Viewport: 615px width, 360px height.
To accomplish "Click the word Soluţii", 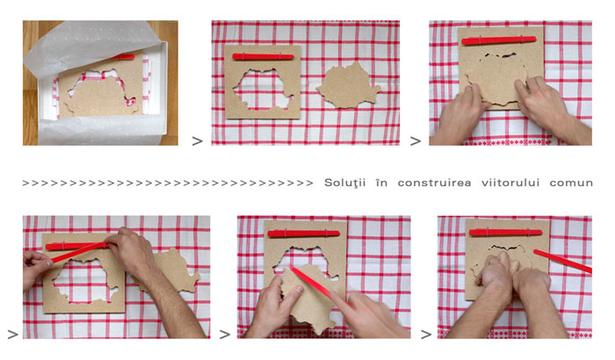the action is pyautogui.click(x=344, y=184).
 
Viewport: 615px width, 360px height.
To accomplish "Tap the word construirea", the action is pyautogui.click(x=434, y=183).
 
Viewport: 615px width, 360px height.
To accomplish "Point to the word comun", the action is pyautogui.click(x=571, y=184).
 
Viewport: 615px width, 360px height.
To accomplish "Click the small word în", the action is pyautogui.click(x=381, y=183).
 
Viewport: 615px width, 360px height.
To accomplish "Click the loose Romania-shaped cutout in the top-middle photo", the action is pyautogui.click(x=348, y=85).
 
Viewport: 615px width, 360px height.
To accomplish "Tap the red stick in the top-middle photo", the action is pyautogui.click(x=263, y=57).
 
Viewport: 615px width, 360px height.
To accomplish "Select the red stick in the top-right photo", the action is pyautogui.click(x=499, y=40).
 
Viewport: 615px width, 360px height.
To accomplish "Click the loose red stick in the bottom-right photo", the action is pyautogui.click(x=562, y=261).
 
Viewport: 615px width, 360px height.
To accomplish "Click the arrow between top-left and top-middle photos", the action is pyautogui.click(x=198, y=140).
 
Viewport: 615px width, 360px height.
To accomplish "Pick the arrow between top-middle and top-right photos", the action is pyautogui.click(x=416, y=140).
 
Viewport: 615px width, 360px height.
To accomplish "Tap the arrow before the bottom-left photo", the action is pyautogui.click(x=13, y=335).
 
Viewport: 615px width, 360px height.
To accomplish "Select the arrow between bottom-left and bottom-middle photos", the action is pyautogui.click(x=225, y=335).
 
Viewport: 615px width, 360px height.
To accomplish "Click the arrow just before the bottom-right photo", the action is pyautogui.click(x=426, y=335).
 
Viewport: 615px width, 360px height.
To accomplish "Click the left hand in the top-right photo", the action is pyautogui.click(x=461, y=114).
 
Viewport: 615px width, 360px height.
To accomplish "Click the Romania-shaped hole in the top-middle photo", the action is pyautogui.click(x=263, y=90).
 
